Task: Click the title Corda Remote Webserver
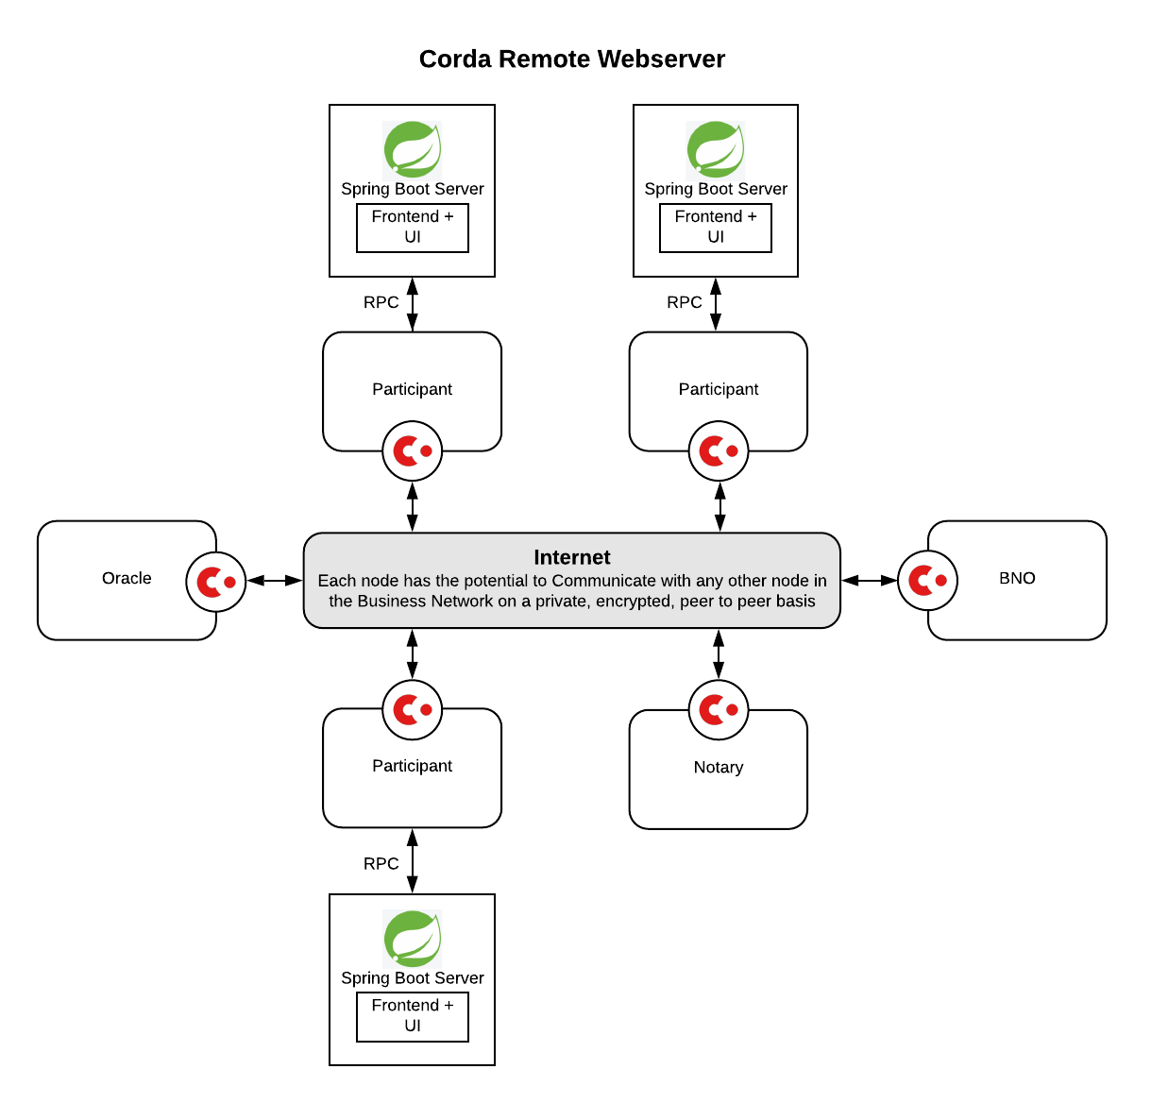(x=571, y=59)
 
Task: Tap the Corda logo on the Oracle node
(x=215, y=582)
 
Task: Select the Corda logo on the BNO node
(x=926, y=580)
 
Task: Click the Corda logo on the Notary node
(x=718, y=710)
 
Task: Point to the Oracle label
(x=127, y=578)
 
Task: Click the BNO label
(x=1017, y=578)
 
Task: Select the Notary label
(x=718, y=768)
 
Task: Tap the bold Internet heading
(x=571, y=557)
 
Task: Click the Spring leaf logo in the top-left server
(x=413, y=149)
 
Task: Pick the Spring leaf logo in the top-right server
(x=716, y=149)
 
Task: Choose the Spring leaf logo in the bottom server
(x=413, y=939)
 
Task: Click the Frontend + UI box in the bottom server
(x=413, y=1016)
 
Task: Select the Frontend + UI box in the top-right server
(x=716, y=228)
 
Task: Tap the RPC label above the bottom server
(x=381, y=864)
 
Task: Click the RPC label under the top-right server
(x=684, y=302)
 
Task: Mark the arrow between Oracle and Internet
(x=275, y=581)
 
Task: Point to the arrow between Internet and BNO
(x=869, y=580)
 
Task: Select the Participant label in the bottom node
(x=412, y=766)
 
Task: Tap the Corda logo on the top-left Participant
(x=412, y=451)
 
